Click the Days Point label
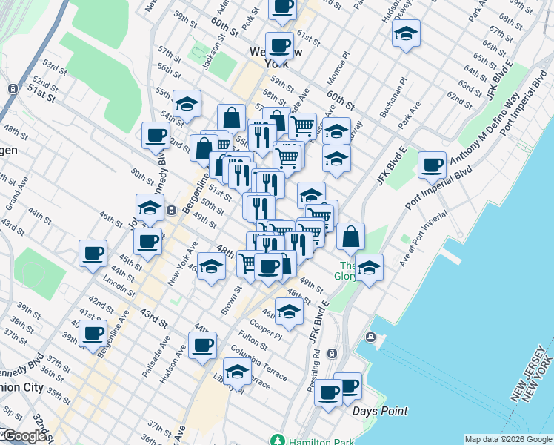point(381,411)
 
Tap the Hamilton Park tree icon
point(277,440)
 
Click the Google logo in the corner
point(24,437)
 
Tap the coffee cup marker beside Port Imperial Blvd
point(431,165)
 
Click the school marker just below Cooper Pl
point(289,312)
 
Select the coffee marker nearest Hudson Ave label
point(202,344)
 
